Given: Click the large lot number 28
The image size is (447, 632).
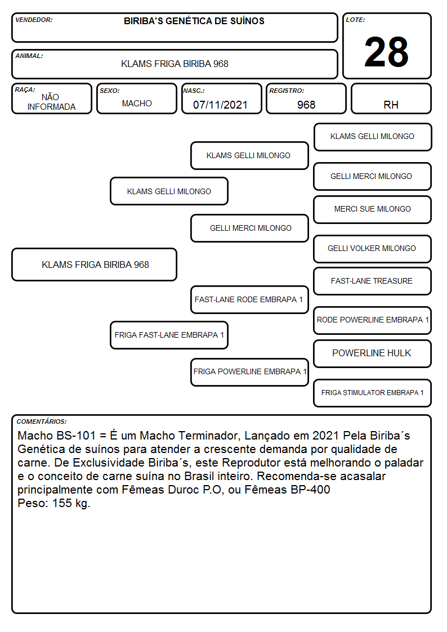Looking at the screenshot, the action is click(x=386, y=52).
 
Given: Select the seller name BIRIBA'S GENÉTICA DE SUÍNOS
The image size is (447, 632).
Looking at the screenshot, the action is click(x=194, y=21).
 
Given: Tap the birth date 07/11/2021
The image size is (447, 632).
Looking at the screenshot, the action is click(x=220, y=105).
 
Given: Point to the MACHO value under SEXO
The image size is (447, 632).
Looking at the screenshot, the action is click(x=137, y=104).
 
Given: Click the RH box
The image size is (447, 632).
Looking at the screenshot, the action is click(x=391, y=98).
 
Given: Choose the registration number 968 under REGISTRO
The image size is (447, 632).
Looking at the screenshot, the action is click(x=306, y=105).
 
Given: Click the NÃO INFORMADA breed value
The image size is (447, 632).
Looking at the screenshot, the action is click(x=51, y=102).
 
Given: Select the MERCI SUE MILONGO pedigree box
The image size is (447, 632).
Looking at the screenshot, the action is click(x=373, y=209).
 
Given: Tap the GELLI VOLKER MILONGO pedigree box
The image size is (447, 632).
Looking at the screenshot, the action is click(x=373, y=249).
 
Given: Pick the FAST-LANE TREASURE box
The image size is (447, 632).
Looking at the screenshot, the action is click(x=373, y=281).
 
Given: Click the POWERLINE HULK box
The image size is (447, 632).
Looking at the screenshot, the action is click(x=373, y=353).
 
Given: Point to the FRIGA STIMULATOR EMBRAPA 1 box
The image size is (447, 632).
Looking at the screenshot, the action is click(x=373, y=393).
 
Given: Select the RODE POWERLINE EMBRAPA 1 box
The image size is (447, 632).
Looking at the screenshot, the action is click(x=373, y=320).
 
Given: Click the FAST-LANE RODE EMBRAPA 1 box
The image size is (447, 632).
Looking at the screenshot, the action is click(x=249, y=299).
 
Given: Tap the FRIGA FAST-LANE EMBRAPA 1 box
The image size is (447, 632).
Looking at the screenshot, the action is click(x=169, y=335).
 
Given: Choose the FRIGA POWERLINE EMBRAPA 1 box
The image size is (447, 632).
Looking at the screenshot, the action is click(x=249, y=372).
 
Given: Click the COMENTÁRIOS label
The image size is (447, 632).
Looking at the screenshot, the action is click(x=42, y=422).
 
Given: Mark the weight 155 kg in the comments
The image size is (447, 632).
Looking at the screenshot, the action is click(x=71, y=503).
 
